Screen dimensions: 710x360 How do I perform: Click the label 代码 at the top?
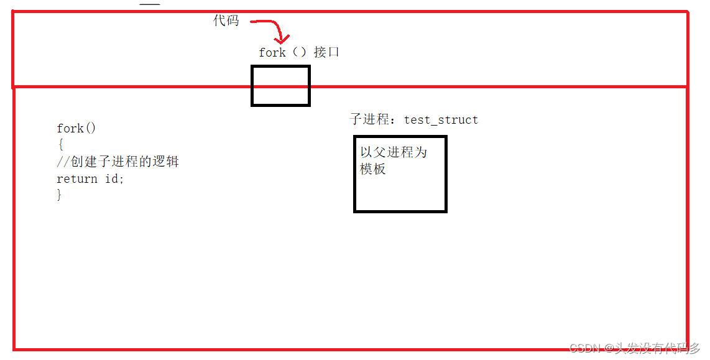coord(226,21)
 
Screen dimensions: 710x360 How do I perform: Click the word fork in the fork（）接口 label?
coord(272,53)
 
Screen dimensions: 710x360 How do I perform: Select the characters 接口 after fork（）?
coord(327,52)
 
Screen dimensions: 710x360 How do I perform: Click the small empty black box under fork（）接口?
coord(280,86)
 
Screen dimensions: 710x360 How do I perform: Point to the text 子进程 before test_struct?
coord(370,119)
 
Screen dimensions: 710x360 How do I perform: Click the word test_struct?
coord(441,120)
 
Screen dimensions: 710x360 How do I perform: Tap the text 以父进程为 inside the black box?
coord(394,152)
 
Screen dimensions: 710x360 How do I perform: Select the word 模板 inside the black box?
coord(373,168)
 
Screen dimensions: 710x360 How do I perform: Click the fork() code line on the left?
coord(76,129)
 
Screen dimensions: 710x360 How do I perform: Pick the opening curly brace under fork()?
coord(60,145)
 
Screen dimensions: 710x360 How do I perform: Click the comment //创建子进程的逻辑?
coord(118,162)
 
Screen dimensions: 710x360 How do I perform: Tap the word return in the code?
coord(77,179)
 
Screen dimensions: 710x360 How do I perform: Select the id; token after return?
coord(114,179)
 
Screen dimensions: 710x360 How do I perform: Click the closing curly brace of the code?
coord(60,195)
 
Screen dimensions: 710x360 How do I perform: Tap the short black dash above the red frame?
coord(150,4)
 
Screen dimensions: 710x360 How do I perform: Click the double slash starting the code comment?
coord(63,162)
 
